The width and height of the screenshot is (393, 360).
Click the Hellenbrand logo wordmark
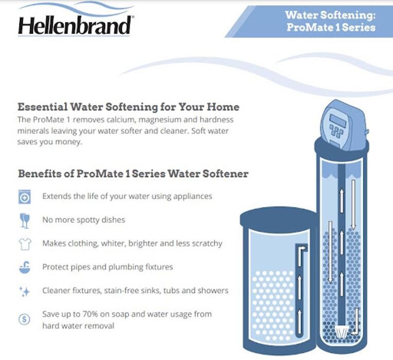tap(75, 26)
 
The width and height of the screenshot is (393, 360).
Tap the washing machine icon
tap(25, 196)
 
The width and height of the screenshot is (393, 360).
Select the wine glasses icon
tap(25, 221)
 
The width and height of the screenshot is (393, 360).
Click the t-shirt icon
tap(25, 244)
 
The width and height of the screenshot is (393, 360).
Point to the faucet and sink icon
tap(25, 267)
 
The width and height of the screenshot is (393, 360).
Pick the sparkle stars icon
tap(25, 292)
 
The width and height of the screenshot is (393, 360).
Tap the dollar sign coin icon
tap(25, 319)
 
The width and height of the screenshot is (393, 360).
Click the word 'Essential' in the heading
tap(42, 107)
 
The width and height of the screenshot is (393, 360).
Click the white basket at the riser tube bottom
tap(342, 331)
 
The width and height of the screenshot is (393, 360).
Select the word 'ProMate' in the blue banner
tap(310, 27)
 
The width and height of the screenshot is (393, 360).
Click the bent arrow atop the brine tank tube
tap(301, 256)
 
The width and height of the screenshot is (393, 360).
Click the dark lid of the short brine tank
tap(278, 217)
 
